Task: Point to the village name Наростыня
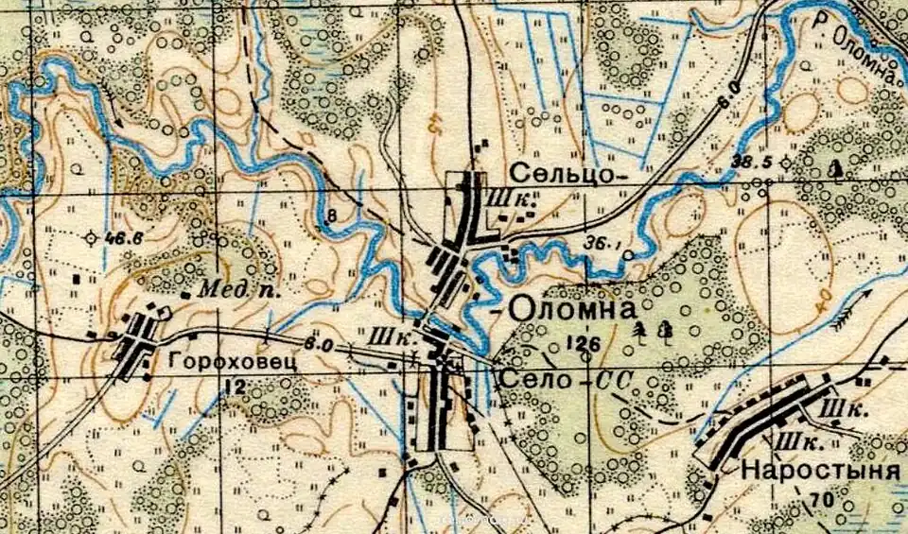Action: tap(818, 469)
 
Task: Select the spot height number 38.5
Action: tap(754, 163)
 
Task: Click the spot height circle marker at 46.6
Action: tap(92, 238)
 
